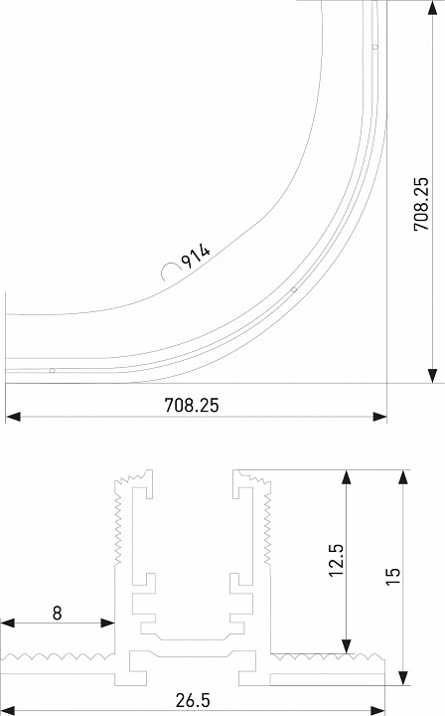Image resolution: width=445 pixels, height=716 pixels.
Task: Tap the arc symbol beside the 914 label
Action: (168, 270)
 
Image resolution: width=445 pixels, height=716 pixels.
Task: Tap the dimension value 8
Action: (57, 614)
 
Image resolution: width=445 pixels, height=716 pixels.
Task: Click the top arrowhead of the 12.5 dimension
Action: (346, 477)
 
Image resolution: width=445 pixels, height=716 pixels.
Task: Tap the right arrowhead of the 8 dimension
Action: (109, 625)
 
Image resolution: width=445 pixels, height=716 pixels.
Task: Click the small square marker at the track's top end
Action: (373, 46)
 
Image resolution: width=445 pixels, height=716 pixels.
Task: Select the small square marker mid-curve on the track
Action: (294, 289)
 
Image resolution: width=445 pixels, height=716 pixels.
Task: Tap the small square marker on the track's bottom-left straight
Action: (52, 371)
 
